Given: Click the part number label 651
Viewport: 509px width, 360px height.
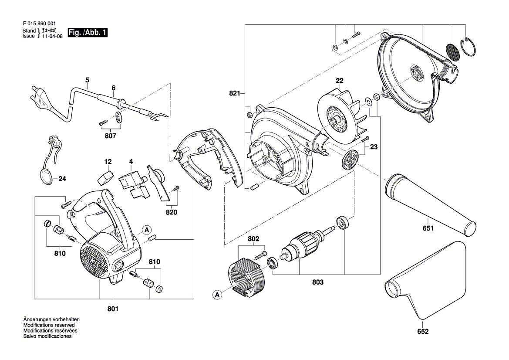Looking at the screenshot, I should tap(428, 228).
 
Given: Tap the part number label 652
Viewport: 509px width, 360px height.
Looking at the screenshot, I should tap(423, 332).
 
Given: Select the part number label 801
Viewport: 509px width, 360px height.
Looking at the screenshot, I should tap(113, 309).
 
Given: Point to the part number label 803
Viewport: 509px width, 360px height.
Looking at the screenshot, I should tap(318, 282).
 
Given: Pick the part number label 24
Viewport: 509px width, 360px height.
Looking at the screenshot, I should tap(62, 179).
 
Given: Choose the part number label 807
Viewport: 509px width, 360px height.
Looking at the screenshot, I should tap(111, 136).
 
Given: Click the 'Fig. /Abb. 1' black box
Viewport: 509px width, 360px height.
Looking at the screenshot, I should tap(88, 33).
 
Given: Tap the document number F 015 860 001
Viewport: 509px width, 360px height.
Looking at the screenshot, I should tap(39, 25).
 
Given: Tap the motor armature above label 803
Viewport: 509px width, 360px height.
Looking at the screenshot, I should tap(300, 248).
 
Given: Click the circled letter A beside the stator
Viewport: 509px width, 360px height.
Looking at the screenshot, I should tap(217, 295).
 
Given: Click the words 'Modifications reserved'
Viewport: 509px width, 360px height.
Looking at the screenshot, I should tap(49, 325).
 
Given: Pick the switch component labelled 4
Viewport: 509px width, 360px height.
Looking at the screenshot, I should tap(131, 184).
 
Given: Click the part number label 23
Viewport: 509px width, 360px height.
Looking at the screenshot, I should tap(374, 147).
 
